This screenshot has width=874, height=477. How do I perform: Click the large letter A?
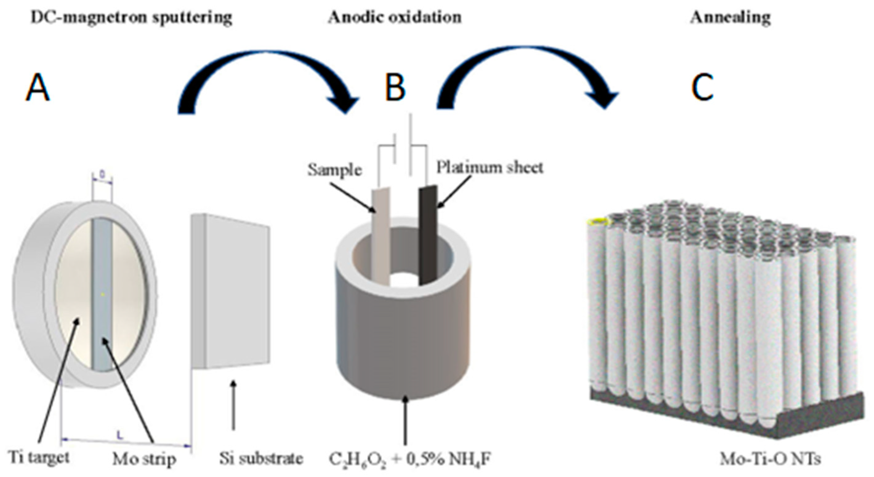pos(38,88)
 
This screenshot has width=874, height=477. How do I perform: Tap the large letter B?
pos(395,87)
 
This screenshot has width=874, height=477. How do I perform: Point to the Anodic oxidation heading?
pos(395,17)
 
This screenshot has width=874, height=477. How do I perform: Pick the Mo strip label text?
pos(144,459)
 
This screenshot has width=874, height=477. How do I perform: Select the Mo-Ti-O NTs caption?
pos(770,459)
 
